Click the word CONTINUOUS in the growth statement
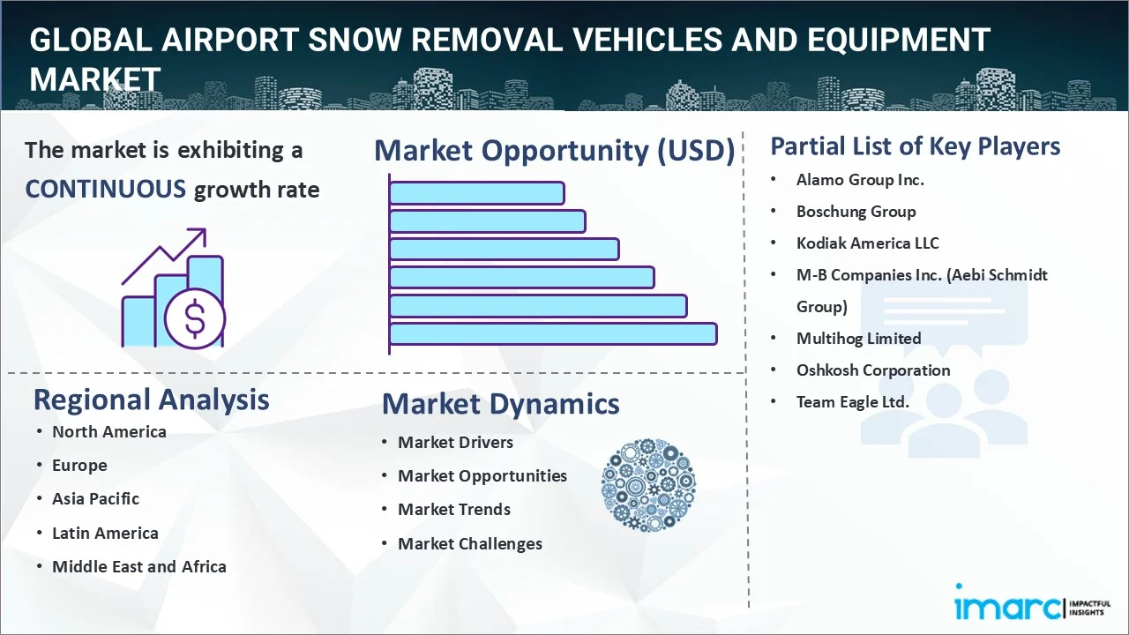pyautogui.click(x=105, y=189)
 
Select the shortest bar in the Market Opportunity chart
pyautogui.click(x=476, y=192)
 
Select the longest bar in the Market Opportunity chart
pyautogui.click(x=553, y=333)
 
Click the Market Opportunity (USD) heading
pyautogui.click(x=554, y=151)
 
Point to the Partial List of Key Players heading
pyautogui.click(x=915, y=146)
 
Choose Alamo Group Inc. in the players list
pyautogui.click(x=860, y=180)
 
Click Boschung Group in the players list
pyautogui.click(x=856, y=212)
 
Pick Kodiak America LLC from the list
pyautogui.click(x=867, y=243)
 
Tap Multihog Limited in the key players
pyautogui.click(x=858, y=339)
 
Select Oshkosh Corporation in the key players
pyautogui.click(x=872, y=370)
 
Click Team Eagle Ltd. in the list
pyautogui.click(x=852, y=402)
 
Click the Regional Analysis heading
pyautogui.click(x=151, y=400)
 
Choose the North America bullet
pyautogui.click(x=108, y=432)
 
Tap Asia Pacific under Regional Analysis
pyautogui.click(x=95, y=499)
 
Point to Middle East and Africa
pyautogui.click(x=138, y=567)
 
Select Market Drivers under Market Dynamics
pyautogui.click(x=455, y=443)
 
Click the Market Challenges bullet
pyautogui.click(x=469, y=544)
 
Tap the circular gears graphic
pyautogui.click(x=648, y=485)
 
